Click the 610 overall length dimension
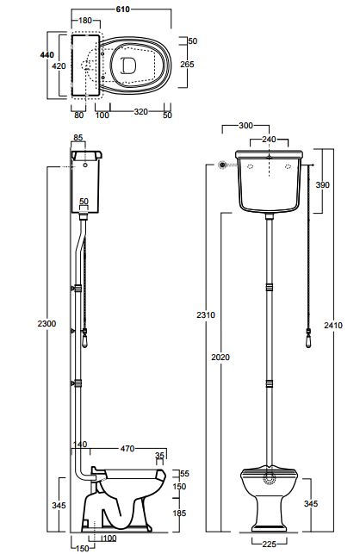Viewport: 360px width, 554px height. (x=122, y=9)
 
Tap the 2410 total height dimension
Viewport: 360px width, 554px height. (x=333, y=325)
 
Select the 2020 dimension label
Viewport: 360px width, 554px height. (x=220, y=358)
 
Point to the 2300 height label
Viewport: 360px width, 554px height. (x=47, y=323)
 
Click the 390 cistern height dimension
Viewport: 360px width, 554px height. (x=323, y=184)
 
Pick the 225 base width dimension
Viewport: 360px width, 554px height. (x=270, y=544)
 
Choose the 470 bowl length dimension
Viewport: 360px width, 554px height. (x=127, y=448)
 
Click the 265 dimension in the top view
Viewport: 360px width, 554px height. (x=187, y=65)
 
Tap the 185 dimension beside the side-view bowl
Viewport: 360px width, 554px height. (x=179, y=513)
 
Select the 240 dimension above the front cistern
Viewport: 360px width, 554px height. (x=269, y=140)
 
